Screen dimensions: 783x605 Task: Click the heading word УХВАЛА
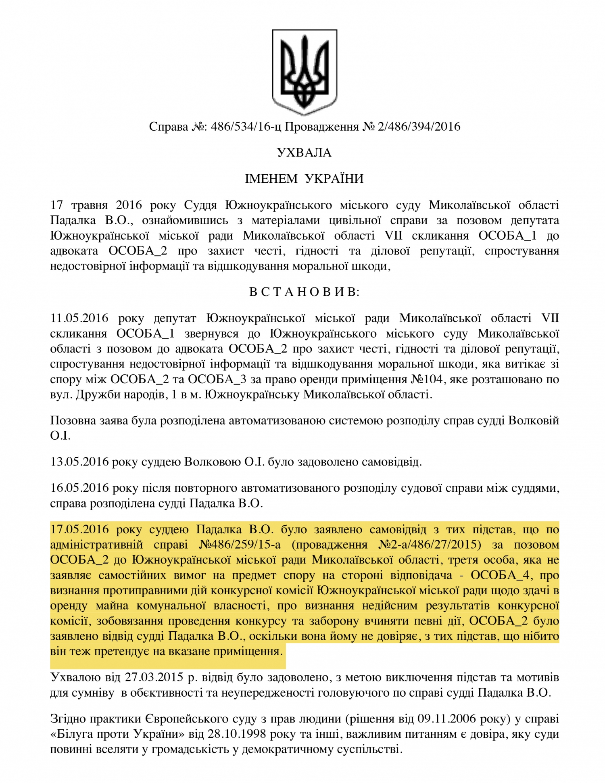point(304,152)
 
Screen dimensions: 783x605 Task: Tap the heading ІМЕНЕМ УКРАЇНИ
point(304,178)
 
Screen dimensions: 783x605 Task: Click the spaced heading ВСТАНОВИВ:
point(304,292)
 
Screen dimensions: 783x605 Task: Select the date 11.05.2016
point(79,318)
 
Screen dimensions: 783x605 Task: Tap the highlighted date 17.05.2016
point(79,529)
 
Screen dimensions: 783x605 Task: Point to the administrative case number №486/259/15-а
point(240,545)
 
